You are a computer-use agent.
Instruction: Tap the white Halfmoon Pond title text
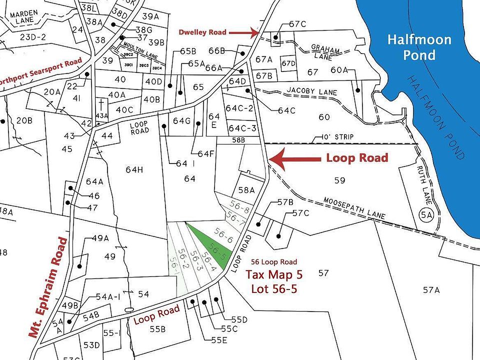(419, 47)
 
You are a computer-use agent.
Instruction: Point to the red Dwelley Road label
(203, 32)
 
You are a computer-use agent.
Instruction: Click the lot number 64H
(134, 170)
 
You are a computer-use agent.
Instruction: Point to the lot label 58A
(246, 190)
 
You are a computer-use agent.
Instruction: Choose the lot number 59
(339, 180)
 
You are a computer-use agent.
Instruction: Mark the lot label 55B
(157, 329)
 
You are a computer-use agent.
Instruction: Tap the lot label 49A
(100, 238)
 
